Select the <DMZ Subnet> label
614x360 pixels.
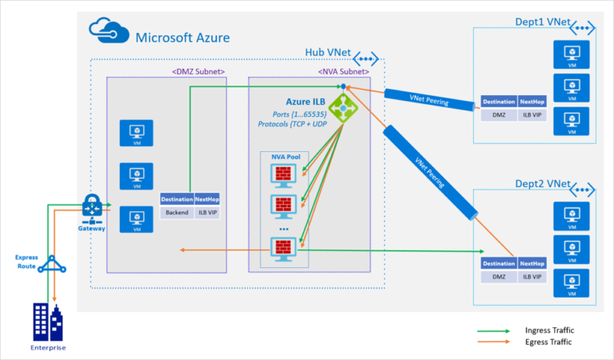click(x=198, y=71)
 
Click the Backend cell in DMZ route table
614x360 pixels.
click(x=176, y=213)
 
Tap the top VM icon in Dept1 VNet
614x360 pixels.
click(x=571, y=54)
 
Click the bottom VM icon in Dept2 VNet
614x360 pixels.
click(x=571, y=283)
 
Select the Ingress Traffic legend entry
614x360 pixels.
click(x=548, y=330)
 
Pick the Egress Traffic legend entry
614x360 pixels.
click(x=548, y=342)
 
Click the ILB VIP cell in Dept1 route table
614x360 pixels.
click(x=530, y=115)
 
